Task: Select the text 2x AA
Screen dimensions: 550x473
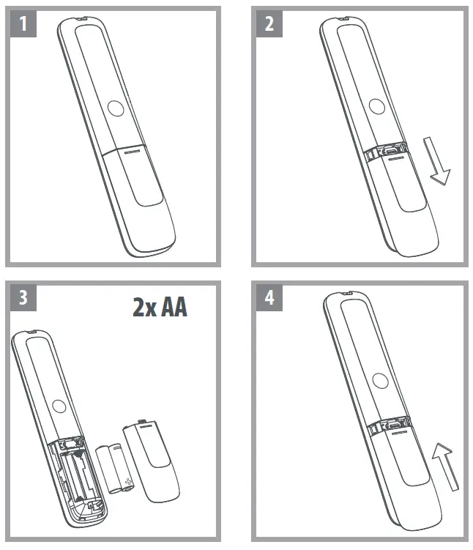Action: [160, 307]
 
